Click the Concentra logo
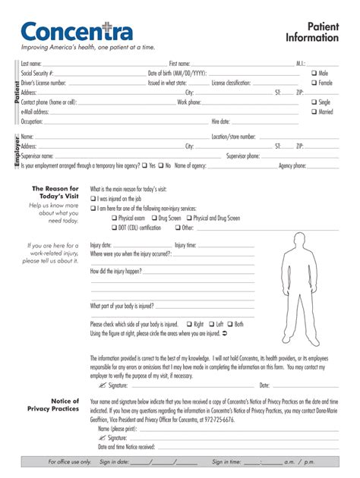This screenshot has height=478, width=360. tap(77, 31)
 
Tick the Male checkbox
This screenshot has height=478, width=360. tap(314, 74)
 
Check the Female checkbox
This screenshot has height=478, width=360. tap(314, 83)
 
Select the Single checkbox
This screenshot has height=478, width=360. tap(314, 102)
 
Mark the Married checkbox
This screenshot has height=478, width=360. tap(314, 112)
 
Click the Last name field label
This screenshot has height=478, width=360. tap(31, 64)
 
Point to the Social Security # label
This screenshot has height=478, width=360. tap(37, 74)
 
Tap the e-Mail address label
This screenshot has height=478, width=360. tap(35, 112)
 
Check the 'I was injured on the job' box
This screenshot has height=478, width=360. tap(93, 198)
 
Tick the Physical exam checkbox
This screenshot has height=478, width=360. tap(114, 218)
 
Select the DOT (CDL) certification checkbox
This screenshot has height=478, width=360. tap(114, 228)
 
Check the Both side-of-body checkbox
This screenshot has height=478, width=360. tap(229, 324)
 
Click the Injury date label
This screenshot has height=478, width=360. tap(101, 245)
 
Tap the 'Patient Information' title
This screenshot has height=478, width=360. tap(311, 32)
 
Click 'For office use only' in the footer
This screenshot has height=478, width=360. tap(69, 461)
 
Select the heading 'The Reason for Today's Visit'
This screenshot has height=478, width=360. tap(55, 193)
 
